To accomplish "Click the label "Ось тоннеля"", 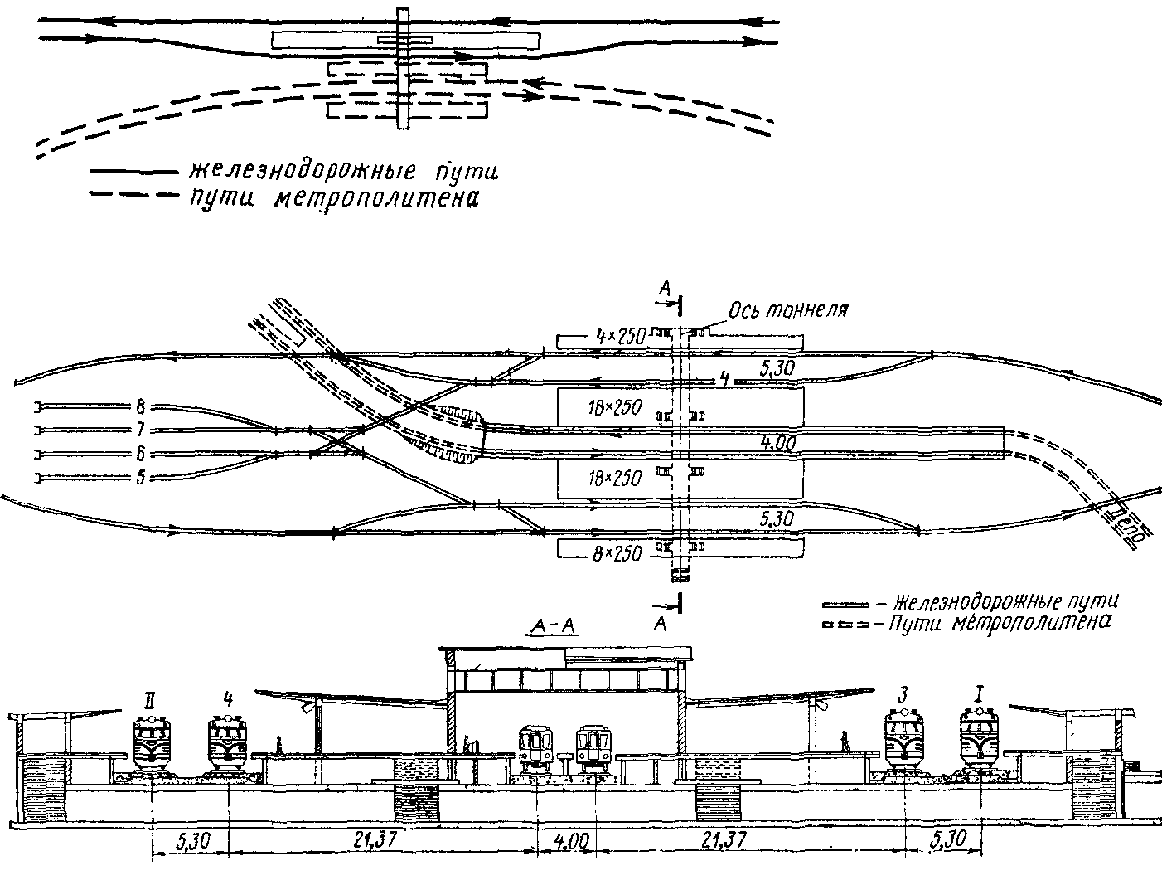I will click(788, 311).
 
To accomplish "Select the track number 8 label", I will click(140, 407).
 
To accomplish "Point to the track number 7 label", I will click(140, 430).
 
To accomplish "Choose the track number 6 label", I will click(140, 454).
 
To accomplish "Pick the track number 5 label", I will click(140, 477).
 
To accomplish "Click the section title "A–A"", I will click(551, 626).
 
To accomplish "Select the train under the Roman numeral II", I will click(153, 742).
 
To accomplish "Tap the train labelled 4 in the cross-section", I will click(227, 742).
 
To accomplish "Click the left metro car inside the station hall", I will click(536, 748).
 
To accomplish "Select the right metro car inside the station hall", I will click(593, 748).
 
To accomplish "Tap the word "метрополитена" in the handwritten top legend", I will click(375, 199).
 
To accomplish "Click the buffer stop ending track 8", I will click(38, 406).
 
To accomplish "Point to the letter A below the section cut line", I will click(661, 623).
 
